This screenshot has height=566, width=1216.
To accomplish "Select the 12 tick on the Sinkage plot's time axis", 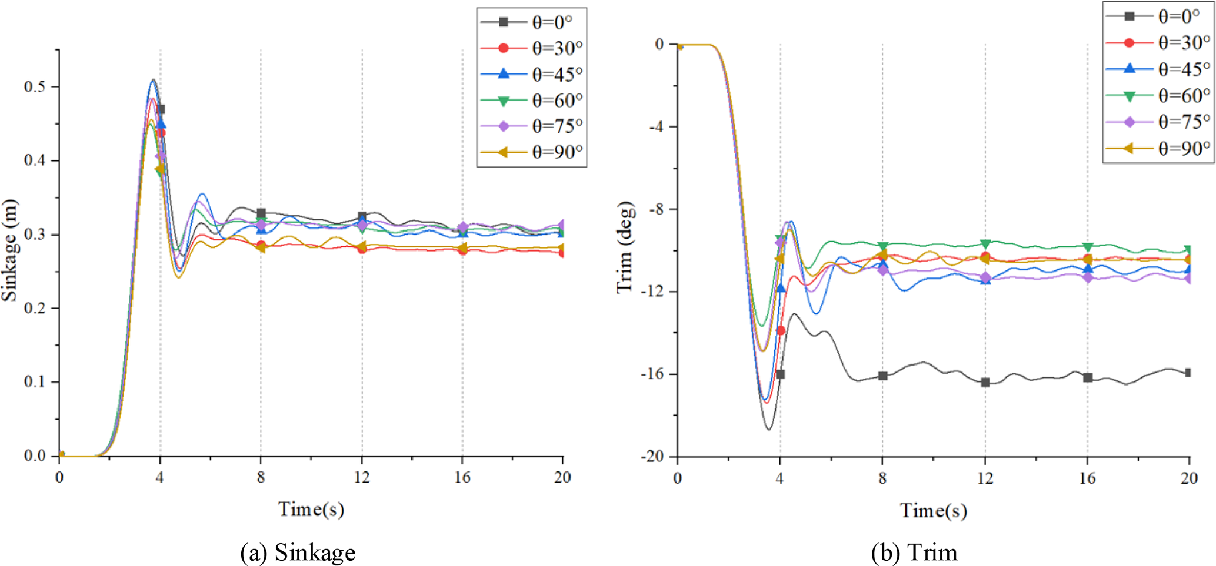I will [362, 477].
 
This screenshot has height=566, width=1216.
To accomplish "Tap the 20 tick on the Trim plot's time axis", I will [1189, 478].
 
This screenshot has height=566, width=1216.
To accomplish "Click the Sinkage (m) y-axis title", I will [10, 250].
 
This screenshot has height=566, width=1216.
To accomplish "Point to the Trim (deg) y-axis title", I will [625, 247].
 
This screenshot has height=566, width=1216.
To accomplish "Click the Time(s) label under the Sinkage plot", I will [311, 509].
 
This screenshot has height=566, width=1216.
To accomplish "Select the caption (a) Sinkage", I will [298, 552].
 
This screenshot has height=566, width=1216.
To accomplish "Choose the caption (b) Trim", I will [914, 552].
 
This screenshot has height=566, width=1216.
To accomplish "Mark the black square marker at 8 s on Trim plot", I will [882, 376].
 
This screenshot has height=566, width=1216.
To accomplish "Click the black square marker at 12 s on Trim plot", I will [985, 383].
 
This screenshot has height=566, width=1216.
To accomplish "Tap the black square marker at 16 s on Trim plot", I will [1088, 378].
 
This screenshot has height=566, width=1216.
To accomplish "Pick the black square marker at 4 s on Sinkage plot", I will [161, 109].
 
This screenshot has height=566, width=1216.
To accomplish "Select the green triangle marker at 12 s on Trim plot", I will [985, 244].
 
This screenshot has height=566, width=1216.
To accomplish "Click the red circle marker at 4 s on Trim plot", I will [781, 330].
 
